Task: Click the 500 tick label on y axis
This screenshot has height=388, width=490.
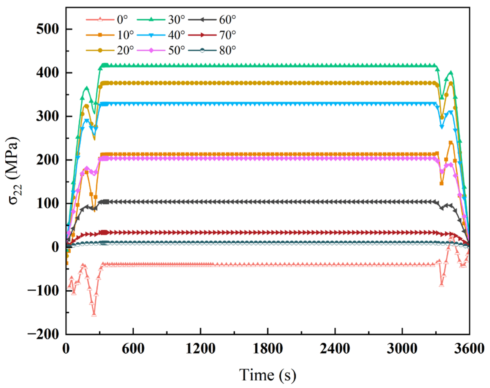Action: click(x=48, y=29)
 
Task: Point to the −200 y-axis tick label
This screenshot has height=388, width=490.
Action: click(x=43, y=334)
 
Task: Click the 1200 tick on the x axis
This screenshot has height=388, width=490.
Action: click(x=201, y=349)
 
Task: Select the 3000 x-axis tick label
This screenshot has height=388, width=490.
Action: click(x=402, y=349)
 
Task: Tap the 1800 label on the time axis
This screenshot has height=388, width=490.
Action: click(x=268, y=349)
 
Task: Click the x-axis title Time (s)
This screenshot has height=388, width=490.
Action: click(x=268, y=375)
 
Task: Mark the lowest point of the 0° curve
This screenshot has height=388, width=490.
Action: click(x=94, y=314)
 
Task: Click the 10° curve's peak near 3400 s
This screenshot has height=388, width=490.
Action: click(x=451, y=143)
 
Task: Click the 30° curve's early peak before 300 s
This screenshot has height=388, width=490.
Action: click(x=86, y=88)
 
